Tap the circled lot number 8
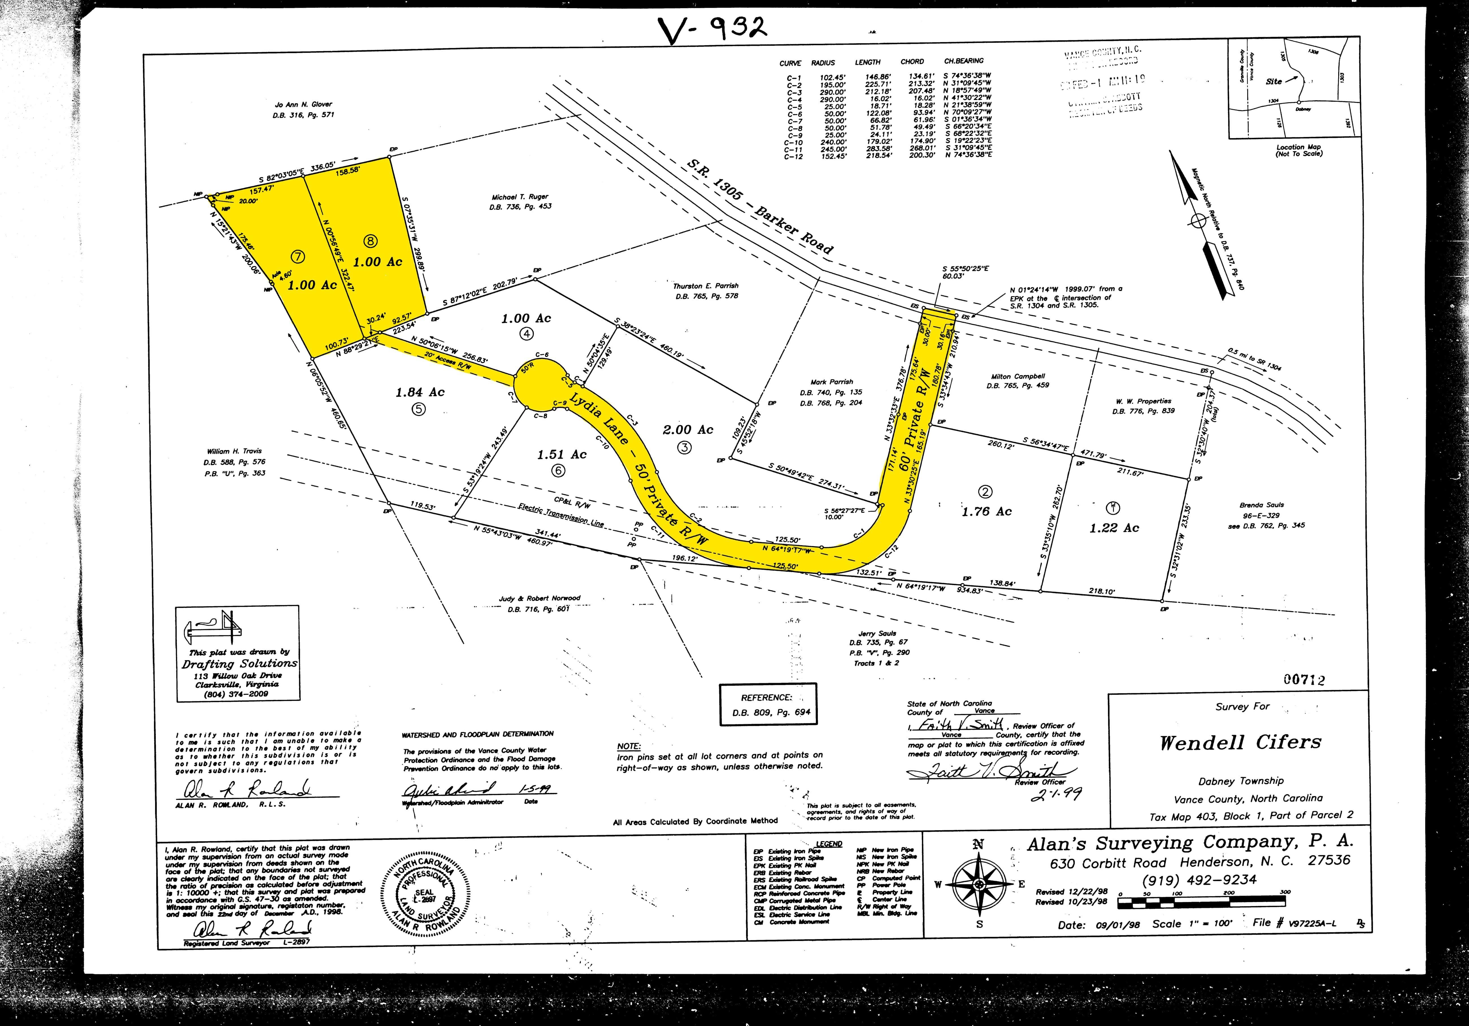370,241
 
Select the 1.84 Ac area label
420,392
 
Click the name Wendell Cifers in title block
1240,743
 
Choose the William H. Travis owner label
235,451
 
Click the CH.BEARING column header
964,61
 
